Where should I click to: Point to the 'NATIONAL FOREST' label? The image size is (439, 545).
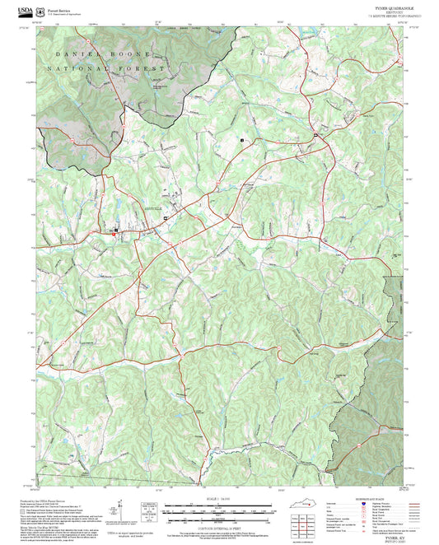(x=107, y=68)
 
